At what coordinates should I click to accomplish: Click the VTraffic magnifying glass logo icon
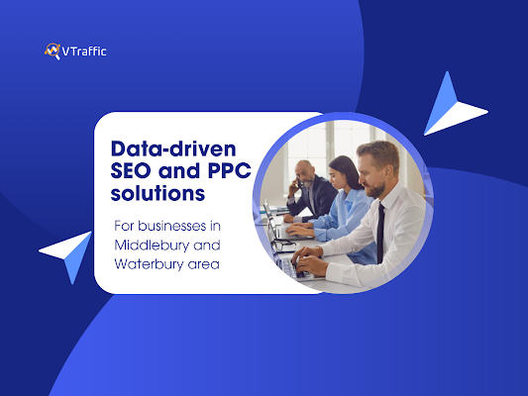53,51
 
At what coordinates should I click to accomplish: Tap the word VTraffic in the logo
84,51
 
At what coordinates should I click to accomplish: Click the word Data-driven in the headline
173,148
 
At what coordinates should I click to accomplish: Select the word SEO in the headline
131,170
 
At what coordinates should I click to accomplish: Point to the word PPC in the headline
230,170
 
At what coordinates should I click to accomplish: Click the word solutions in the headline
158,193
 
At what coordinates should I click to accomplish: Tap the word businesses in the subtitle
172,226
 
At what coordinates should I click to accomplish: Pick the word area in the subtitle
204,264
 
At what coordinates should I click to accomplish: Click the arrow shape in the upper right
453,107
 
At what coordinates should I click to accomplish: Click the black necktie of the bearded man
380,232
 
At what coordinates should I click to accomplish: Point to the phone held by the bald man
298,183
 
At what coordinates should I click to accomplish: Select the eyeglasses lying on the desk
284,246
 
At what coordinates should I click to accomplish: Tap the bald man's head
305,172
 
